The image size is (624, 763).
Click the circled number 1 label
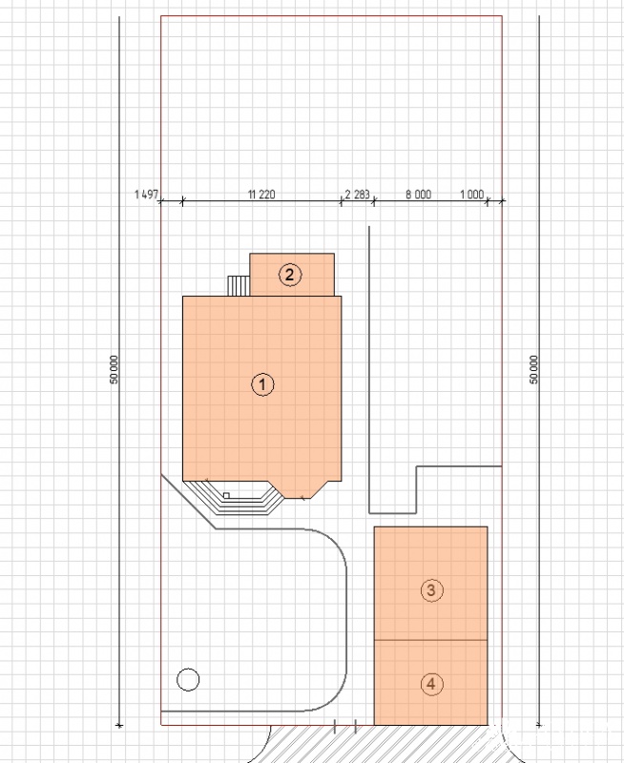click(262, 384)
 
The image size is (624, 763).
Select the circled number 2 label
click(290, 275)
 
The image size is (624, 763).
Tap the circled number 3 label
click(431, 590)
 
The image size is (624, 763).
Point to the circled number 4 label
click(431, 684)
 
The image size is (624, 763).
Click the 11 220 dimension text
click(261, 195)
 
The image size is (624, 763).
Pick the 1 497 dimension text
click(147, 195)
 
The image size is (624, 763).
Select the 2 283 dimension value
click(357, 195)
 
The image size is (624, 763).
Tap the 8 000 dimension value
click(419, 195)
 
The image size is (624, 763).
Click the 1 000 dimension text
click(471, 195)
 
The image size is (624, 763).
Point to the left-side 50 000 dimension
click(114, 369)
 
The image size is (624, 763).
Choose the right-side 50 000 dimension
click(534, 369)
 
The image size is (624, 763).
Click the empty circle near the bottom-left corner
click(188, 679)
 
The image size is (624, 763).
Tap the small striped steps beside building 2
click(239, 285)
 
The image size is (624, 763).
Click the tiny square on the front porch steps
click(226, 495)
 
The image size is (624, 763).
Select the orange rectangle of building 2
click(292, 275)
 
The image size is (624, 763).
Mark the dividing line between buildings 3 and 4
click(430, 640)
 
